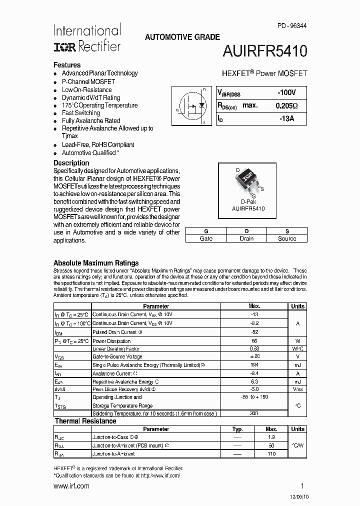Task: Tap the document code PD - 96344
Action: point(290,25)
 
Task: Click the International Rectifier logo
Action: point(87,38)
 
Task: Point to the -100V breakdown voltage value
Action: point(286,92)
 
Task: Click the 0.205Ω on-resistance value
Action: point(286,105)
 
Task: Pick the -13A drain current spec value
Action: point(286,118)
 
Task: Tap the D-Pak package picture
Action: point(247,180)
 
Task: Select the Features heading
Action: point(67,65)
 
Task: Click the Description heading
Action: point(71,163)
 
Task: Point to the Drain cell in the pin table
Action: point(246,238)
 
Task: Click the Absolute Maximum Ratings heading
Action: point(96,263)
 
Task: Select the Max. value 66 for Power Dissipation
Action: point(254,340)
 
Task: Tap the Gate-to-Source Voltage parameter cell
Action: point(117,356)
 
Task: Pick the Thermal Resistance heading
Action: point(85,421)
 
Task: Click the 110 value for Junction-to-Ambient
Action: point(271,454)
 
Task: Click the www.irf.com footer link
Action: point(71,486)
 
